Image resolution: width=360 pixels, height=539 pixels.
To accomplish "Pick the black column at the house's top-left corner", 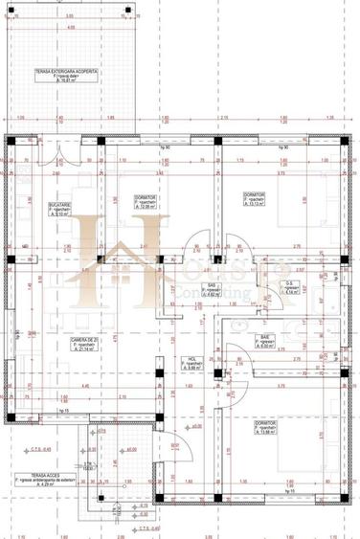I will point(11,141).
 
